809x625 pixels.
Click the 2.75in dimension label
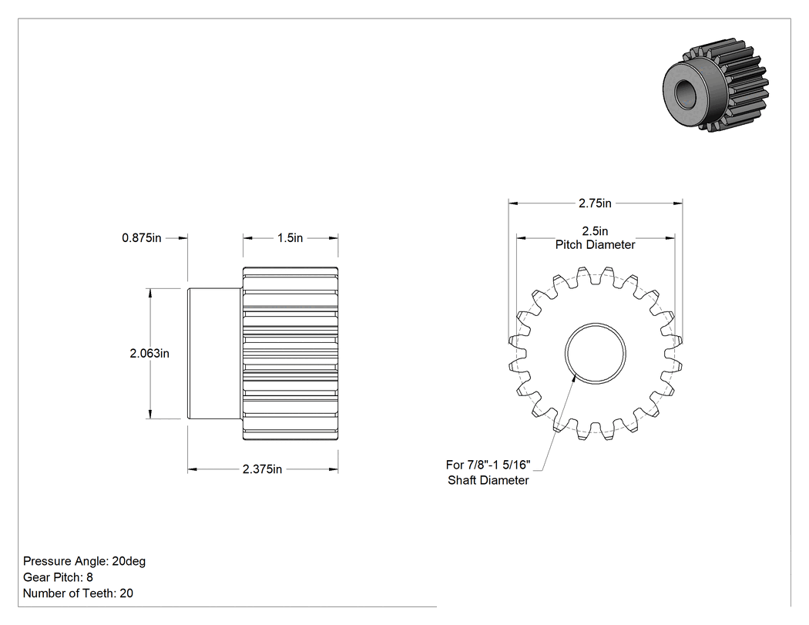point(595,203)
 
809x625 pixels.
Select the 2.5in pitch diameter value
point(595,230)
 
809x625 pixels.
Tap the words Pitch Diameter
point(595,244)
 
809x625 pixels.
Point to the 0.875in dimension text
point(141,238)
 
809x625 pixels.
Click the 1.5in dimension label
point(290,238)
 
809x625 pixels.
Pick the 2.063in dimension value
point(149,354)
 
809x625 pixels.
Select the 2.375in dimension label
point(262,469)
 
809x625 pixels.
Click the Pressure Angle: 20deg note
point(85,561)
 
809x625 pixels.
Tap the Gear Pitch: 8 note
point(58,577)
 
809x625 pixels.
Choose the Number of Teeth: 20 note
point(78,593)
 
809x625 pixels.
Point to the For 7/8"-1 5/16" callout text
point(488,465)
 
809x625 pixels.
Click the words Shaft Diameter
point(488,480)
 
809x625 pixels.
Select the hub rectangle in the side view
point(215,354)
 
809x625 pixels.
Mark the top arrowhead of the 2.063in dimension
point(150,293)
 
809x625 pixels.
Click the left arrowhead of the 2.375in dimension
point(192,469)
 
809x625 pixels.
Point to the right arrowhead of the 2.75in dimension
point(678,203)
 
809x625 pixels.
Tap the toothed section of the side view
point(290,354)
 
